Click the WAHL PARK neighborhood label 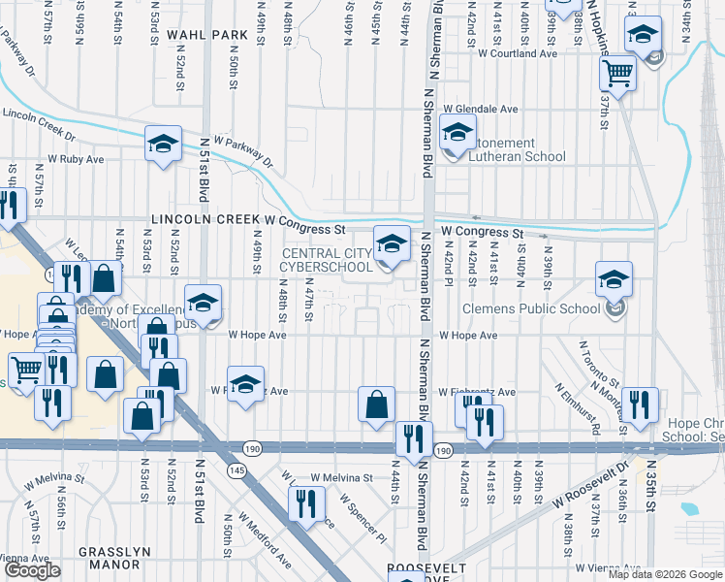point(207,34)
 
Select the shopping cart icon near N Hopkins point(617,73)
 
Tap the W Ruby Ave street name point(76,158)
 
